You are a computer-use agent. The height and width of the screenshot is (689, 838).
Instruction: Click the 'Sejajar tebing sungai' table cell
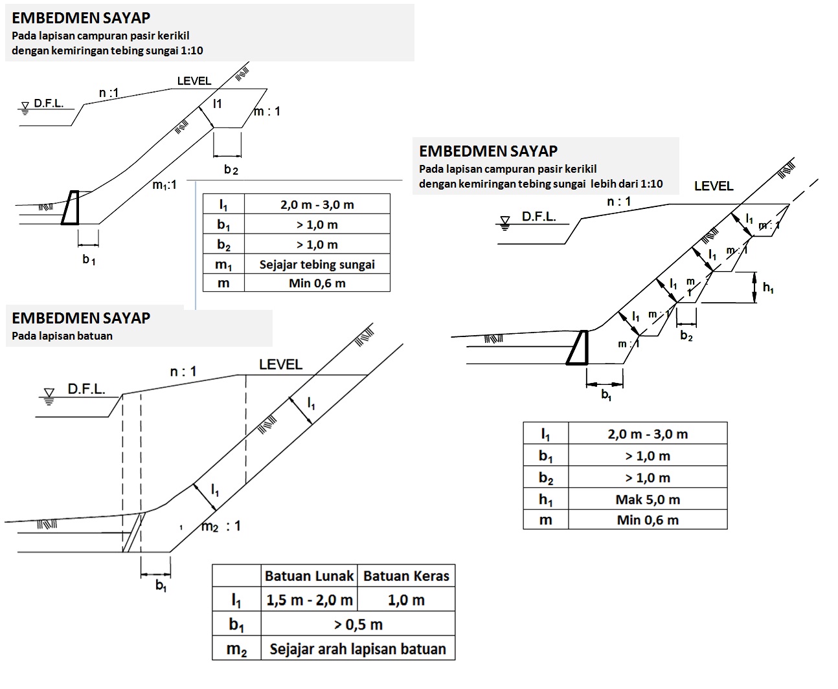point(317,264)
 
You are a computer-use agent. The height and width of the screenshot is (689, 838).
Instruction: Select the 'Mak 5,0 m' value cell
point(648,499)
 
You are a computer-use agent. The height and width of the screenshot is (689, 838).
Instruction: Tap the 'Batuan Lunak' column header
point(309,576)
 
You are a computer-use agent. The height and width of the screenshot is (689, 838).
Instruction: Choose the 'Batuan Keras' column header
point(406,576)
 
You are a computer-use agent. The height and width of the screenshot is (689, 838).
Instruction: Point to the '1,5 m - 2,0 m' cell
point(309,600)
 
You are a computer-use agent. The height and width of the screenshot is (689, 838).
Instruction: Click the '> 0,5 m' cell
point(357,624)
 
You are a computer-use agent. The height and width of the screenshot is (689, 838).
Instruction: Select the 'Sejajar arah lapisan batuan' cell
point(357,649)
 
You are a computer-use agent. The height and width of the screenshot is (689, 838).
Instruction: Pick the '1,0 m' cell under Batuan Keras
point(406,600)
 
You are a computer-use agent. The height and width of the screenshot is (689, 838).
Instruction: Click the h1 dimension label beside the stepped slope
point(768,288)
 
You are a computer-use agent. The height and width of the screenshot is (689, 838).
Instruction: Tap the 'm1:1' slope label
point(164,185)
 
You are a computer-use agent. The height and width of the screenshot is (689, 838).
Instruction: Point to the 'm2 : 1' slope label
point(220,526)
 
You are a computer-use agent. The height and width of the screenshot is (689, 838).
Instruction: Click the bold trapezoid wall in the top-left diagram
point(71,208)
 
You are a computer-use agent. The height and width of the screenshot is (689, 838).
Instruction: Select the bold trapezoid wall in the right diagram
point(578,348)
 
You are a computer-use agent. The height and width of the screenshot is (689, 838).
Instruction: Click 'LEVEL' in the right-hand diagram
point(714,186)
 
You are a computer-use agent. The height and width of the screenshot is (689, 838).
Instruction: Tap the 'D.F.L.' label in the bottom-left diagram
point(86,389)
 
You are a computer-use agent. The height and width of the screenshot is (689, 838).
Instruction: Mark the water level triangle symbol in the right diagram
point(505,222)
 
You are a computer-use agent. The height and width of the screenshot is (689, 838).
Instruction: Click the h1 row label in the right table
point(545,499)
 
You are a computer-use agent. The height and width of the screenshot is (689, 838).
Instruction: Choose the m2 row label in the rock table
point(236,649)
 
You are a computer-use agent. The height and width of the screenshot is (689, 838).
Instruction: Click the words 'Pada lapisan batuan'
point(62,336)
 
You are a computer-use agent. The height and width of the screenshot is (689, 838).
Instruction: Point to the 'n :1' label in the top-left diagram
point(109,93)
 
